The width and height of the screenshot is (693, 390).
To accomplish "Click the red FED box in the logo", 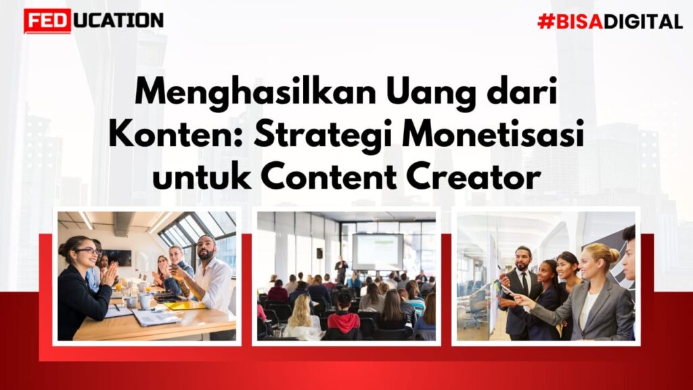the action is coord(47,21).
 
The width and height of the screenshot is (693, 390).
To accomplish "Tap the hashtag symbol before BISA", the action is coord(546,21).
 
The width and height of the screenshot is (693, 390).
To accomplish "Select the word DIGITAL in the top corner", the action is coord(643,22).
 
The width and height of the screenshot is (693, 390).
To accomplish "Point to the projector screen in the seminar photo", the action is coord(378,252).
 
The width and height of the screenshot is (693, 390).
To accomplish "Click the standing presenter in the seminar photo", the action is coord(341,270).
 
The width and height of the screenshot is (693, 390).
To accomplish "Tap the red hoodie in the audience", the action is coord(344,322).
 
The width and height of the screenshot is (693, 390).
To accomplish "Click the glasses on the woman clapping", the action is coord(87,251).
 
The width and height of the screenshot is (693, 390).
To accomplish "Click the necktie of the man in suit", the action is coord(524,284).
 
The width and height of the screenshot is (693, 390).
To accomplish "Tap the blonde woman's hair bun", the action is coord(614,255).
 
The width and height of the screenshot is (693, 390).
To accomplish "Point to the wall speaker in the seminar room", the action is coord(319,253).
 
